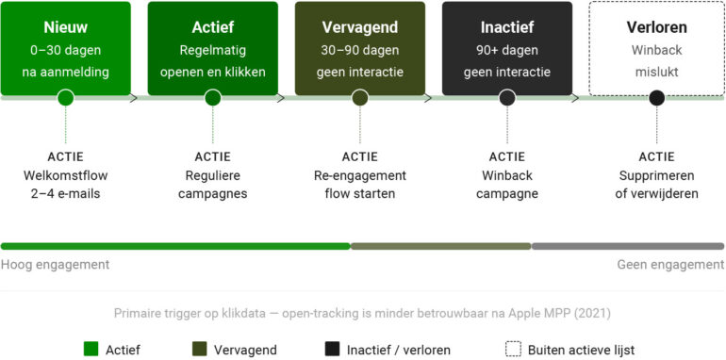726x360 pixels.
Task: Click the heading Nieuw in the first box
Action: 65,27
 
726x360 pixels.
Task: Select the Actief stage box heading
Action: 212,27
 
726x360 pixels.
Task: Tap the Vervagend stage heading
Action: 359,27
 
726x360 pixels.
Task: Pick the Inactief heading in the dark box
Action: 507,27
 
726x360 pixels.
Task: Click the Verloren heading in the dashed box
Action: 656,27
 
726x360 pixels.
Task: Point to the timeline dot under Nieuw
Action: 65,97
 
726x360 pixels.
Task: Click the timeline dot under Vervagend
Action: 359,97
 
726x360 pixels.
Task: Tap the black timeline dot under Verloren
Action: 656,97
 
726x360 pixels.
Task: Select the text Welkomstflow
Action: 65,175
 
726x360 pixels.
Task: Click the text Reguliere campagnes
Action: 212,185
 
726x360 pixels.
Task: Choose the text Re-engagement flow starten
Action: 359,185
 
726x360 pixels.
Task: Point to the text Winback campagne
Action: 507,185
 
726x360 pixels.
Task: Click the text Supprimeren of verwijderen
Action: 656,185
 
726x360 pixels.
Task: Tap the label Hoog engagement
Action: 55,265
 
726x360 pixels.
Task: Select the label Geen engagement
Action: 670,265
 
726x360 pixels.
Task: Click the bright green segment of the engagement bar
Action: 174,246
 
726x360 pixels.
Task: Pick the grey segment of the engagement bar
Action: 628,246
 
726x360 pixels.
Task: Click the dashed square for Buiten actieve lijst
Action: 513,349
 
